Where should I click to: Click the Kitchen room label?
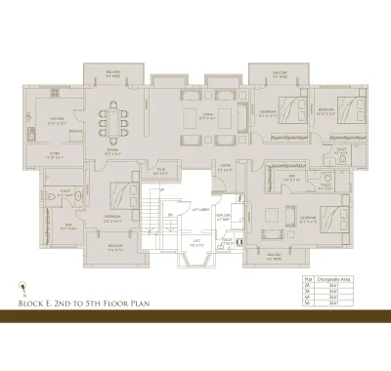(x=56, y=121)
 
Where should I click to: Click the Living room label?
(x=208, y=116)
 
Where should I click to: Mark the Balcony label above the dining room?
(x=115, y=72)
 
